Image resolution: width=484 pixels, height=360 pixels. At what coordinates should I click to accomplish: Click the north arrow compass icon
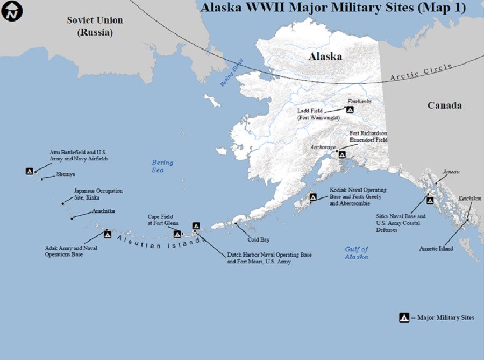click(x=11, y=11)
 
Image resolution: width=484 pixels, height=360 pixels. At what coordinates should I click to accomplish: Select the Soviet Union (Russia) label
click(x=95, y=26)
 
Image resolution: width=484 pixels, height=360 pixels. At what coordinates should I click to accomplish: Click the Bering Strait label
click(x=229, y=75)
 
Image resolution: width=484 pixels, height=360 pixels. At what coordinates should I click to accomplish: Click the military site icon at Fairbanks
click(x=350, y=109)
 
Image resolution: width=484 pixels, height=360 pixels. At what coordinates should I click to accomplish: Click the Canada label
click(x=444, y=105)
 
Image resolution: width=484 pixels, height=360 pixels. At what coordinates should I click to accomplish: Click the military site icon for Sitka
click(x=430, y=200)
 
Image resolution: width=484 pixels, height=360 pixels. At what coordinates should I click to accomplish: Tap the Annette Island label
click(x=436, y=249)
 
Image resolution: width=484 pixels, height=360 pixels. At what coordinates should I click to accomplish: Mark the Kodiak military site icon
click(x=313, y=197)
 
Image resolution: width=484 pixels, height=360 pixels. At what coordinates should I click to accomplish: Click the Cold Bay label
click(x=259, y=239)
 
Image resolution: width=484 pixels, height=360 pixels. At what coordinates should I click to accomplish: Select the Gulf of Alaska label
click(x=357, y=253)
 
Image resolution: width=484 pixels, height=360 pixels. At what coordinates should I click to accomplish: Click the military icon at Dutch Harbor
click(x=196, y=226)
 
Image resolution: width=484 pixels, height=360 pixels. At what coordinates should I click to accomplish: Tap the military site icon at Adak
click(x=108, y=234)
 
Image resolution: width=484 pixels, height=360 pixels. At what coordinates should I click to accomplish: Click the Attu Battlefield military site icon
click(x=30, y=171)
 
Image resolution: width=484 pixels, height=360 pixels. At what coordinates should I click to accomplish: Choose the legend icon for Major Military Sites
click(x=404, y=317)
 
